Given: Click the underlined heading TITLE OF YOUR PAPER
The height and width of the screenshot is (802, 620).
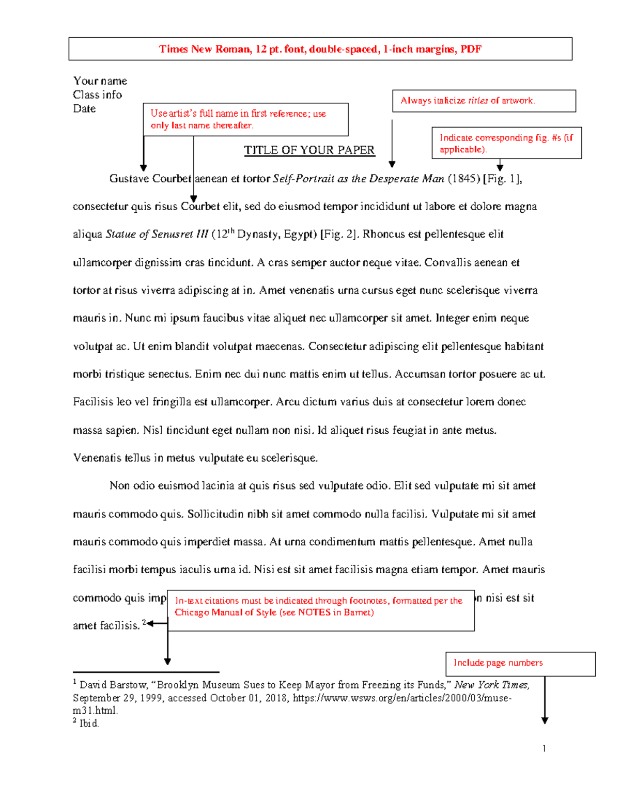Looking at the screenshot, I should [x=309, y=150].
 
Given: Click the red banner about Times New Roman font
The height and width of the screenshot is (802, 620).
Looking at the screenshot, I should [x=320, y=49].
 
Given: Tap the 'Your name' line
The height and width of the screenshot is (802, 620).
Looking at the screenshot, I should [x=100, y=81].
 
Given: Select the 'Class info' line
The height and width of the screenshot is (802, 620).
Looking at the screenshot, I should [x=97, y=95].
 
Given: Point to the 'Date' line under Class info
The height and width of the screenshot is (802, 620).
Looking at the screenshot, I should [x=84, y=109].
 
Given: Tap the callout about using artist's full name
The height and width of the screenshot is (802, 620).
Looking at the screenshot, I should [x=245, y=119].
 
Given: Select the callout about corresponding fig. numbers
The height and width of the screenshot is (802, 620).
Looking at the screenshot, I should [x=506, y=143].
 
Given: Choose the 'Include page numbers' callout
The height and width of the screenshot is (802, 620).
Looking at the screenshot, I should [x=520, y=664].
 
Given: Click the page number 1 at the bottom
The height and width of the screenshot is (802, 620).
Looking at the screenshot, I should [x=544, y=748].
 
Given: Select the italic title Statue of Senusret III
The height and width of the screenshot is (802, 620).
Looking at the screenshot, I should [x=157, y=234].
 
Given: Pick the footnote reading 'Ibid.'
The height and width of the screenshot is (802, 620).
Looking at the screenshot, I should [x=88, y=724].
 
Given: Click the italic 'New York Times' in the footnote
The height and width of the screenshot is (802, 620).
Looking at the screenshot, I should [x=491, y=685].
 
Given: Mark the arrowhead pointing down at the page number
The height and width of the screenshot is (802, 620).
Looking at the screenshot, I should [x=545, y=721].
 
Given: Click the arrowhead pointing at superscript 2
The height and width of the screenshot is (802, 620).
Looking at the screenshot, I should [x=150, y=623].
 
